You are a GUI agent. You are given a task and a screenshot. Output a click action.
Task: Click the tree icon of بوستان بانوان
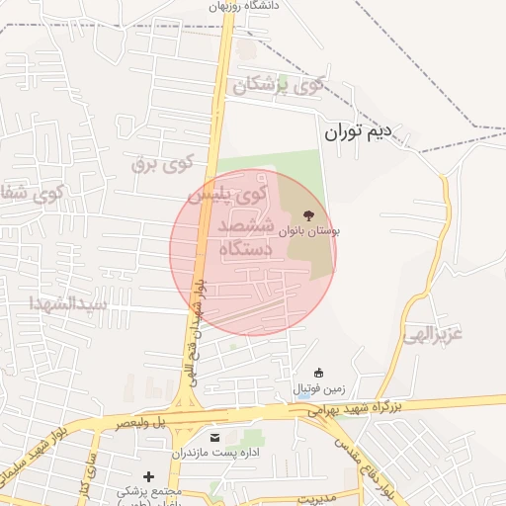[x=309, y=213]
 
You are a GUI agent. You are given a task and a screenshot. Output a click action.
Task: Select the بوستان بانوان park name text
[x=310, y=231]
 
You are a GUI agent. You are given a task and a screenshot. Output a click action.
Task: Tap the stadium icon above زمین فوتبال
[x=318, y=373]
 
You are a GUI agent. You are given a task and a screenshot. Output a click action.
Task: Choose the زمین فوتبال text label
[x=318, y=389]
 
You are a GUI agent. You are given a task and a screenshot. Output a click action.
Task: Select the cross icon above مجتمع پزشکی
[x=149, y=476]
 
